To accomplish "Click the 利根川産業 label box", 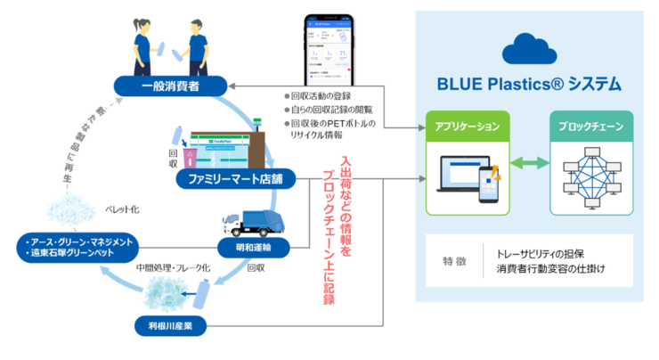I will click(x=169, y=325).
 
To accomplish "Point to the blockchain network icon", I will click(x=591, y=174).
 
